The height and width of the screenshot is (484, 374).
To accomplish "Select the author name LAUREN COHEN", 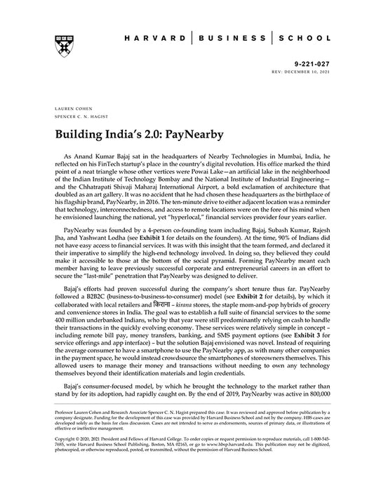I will coord(67,109).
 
